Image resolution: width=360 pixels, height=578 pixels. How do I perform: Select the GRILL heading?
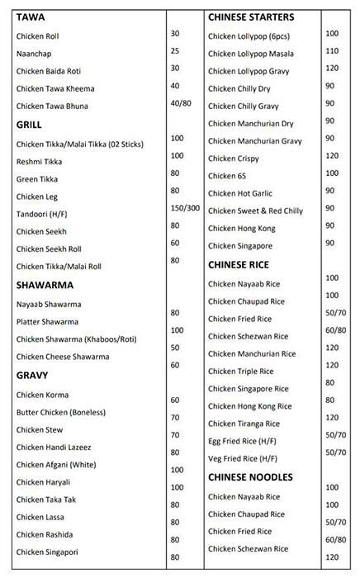coord(29,125)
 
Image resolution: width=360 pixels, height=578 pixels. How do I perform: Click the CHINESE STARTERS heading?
coord(250,17)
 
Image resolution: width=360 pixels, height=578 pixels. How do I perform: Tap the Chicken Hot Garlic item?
coord(239,192)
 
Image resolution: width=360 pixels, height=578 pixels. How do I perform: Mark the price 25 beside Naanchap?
coord(174,51)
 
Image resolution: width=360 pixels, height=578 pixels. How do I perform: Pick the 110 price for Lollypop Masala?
coord(332,51)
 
